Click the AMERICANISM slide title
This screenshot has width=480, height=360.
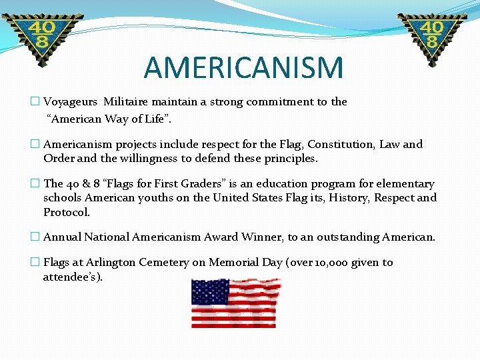pyautogui.click(x=243, y=67)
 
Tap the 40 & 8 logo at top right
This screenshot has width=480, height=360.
pyautogui.click(x=432, y=37)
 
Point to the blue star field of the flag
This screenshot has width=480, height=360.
pyautogui.click(x=210, y=292)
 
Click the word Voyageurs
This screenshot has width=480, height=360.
pyautogui.click(x=71, y=102)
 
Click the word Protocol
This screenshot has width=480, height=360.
pyautogui.click(x=67, y=213)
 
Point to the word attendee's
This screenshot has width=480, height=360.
pyautogui.click(x=72, y=277)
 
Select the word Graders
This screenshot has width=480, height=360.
pyautogui.click(x=200, y=184)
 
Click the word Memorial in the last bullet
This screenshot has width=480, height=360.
pyautogui.click(x=235, y=263)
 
